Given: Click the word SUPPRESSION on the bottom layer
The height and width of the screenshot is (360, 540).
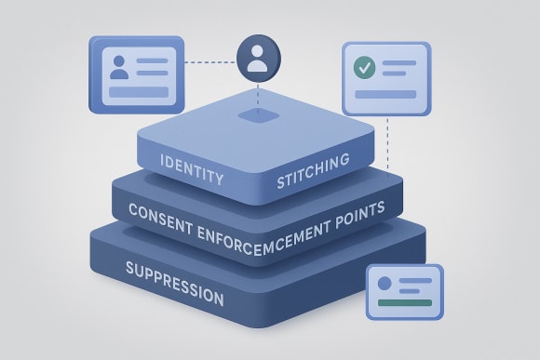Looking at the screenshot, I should [174, 283].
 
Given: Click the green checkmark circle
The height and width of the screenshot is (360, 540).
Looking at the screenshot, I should [363, 67].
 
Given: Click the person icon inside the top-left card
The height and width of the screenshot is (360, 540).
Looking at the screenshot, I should [120, 68].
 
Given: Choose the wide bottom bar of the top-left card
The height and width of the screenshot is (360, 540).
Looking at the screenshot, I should [138, 91].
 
